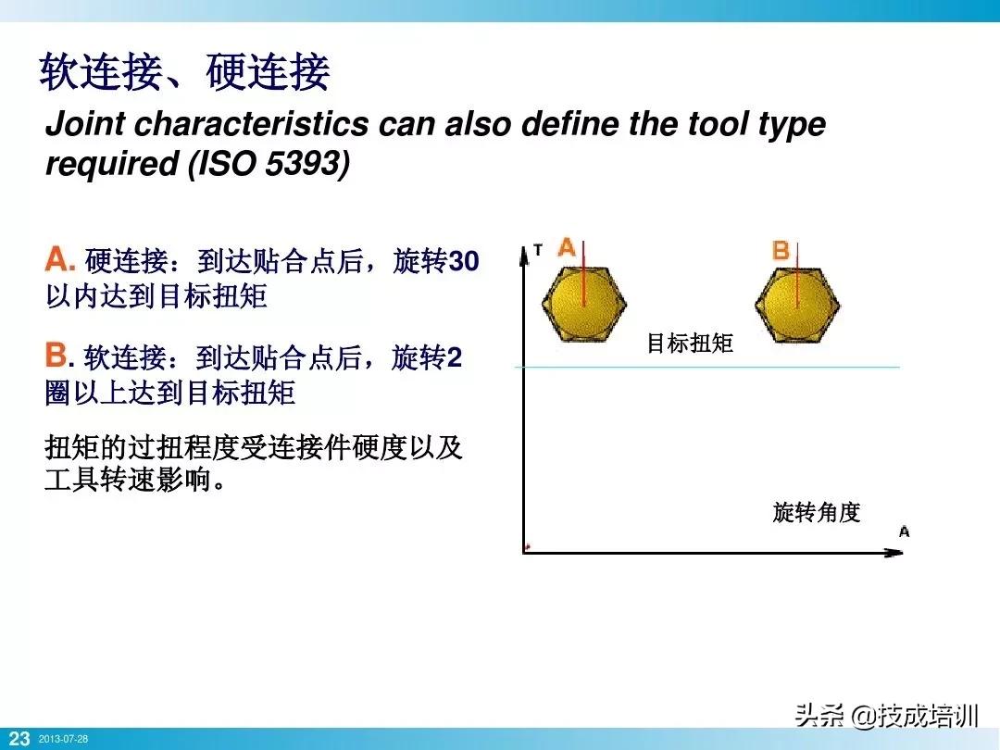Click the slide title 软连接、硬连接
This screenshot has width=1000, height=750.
tap(184, 73)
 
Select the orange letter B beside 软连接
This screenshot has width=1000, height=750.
tap(57, 355)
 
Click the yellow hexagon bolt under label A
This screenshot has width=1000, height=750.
tap(583, 303)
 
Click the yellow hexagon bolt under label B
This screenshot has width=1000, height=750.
tap(796, 303)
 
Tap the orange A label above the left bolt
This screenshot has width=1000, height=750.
tap(567, 247)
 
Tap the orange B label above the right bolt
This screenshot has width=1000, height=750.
tap(781, 250)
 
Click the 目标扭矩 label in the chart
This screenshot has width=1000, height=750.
tap(690, 344)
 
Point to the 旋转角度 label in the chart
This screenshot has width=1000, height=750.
tap(817, 512)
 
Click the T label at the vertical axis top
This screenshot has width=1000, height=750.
tap(538, 250)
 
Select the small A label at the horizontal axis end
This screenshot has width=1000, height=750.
tap(904, 531)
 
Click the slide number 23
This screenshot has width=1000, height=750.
tap(19, 739)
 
